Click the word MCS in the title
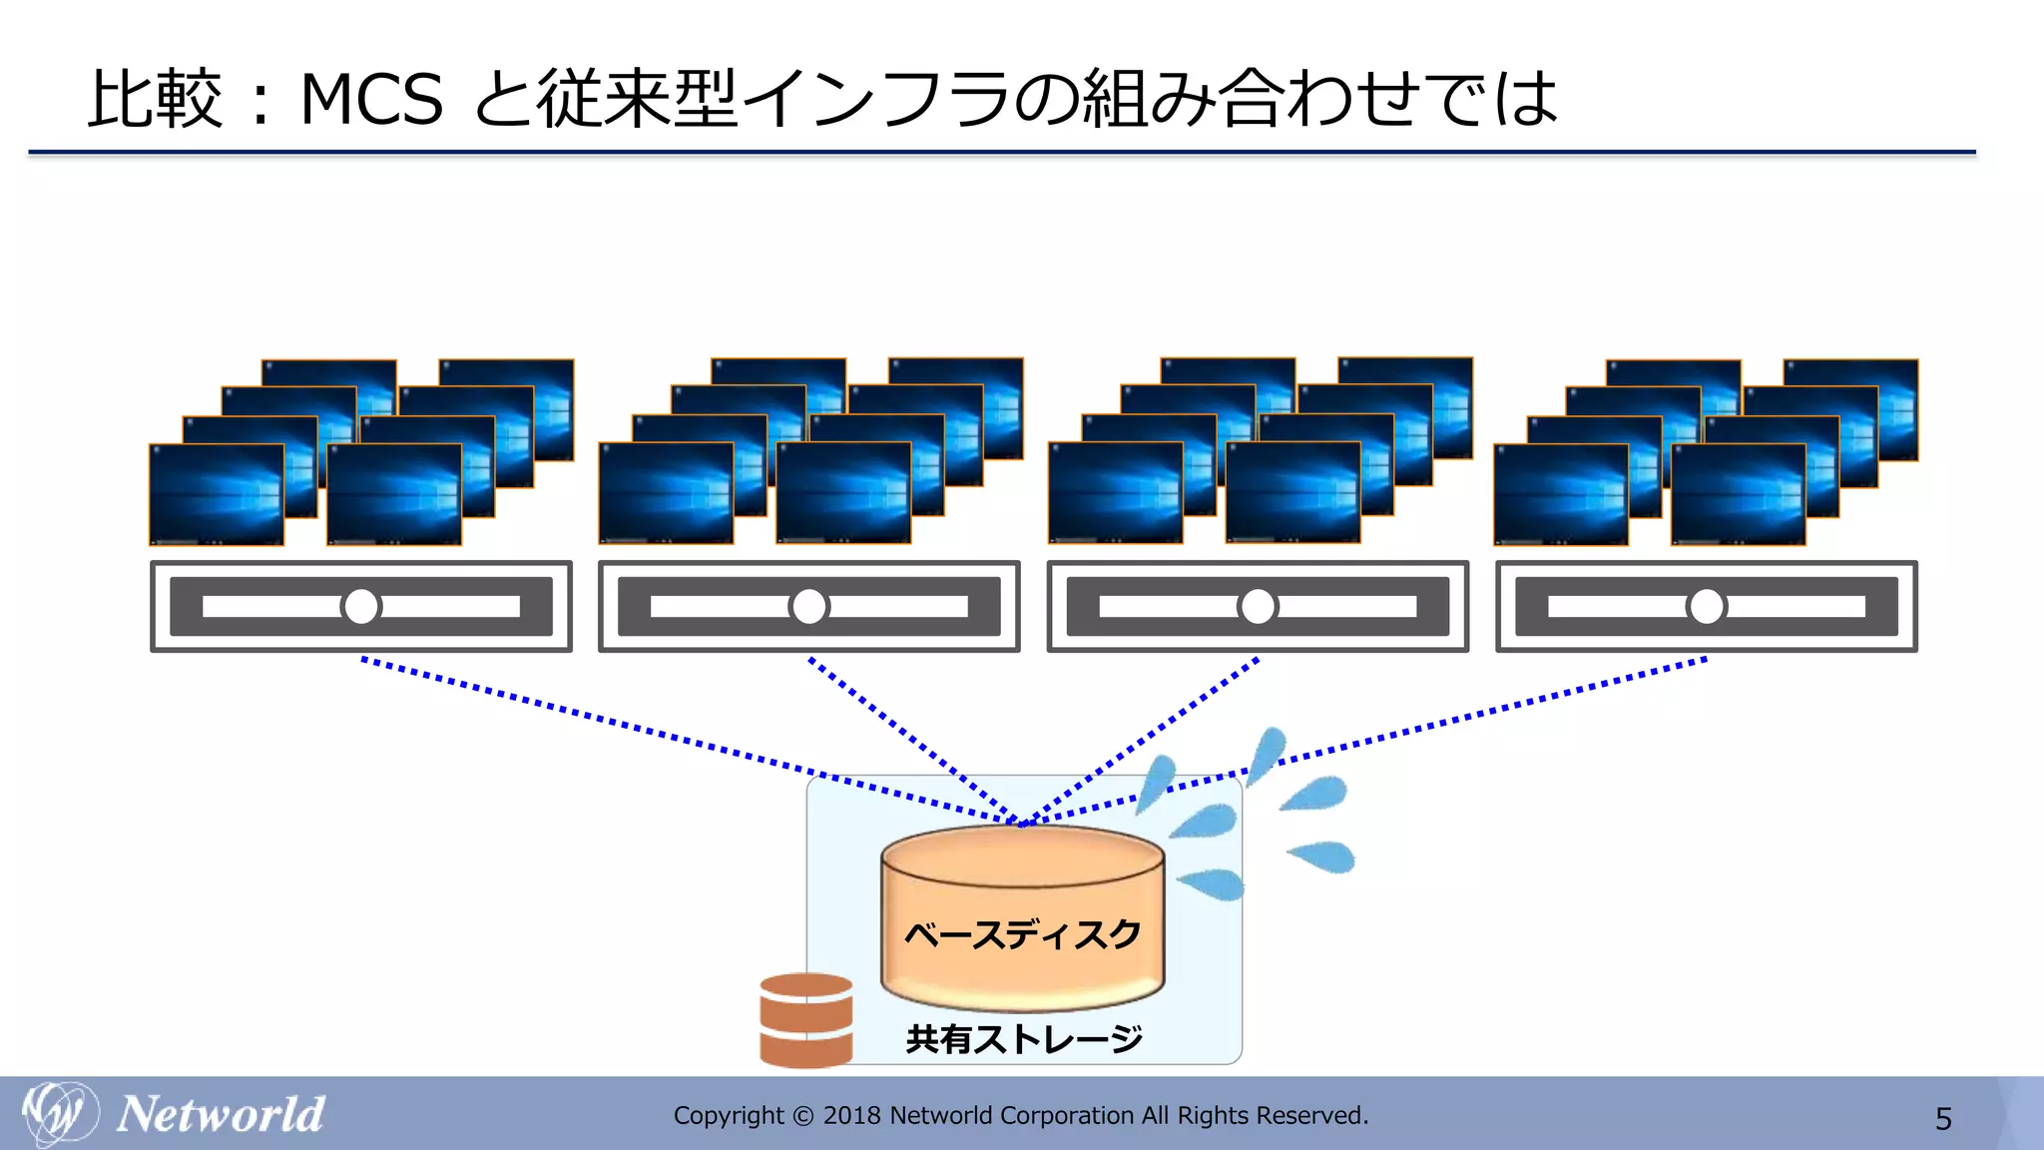coord(371,100)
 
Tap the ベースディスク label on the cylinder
coord(1022,934)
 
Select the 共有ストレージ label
coord(1024,1039)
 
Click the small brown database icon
coord(805,1019)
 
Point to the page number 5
coord(1943,1118)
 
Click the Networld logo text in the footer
coord(221,1114)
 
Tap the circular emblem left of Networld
coord(60,1112)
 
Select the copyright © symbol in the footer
coord(802,1116)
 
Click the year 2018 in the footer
coord(851,1116)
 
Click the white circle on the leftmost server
coord(361,606)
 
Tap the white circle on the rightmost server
coord(1707,606)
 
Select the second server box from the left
coord(808,606)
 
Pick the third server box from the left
coord(1258,606)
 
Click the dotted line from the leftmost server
coord(599,718)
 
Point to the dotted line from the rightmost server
coord(1497,709)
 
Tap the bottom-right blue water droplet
coord(1322,856)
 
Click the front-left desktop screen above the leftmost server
coord(217,494)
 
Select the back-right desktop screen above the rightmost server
coord(1850,409)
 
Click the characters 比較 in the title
coord(155,100)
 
